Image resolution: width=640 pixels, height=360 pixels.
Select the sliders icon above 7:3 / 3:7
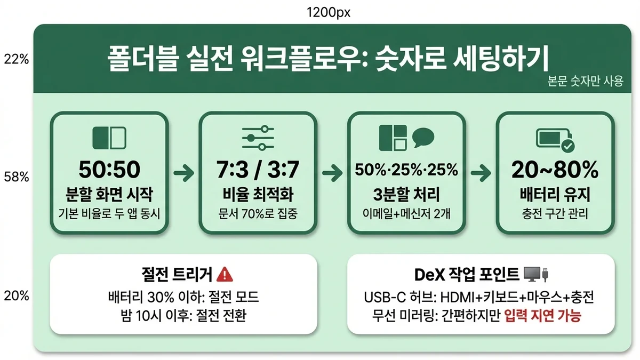[x=258, y=138]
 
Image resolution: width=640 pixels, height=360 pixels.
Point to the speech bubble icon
[x=424, y=137]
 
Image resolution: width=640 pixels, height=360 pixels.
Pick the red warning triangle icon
[x=226, y=275]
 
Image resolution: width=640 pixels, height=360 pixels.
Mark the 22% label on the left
[x=17, y=59]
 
